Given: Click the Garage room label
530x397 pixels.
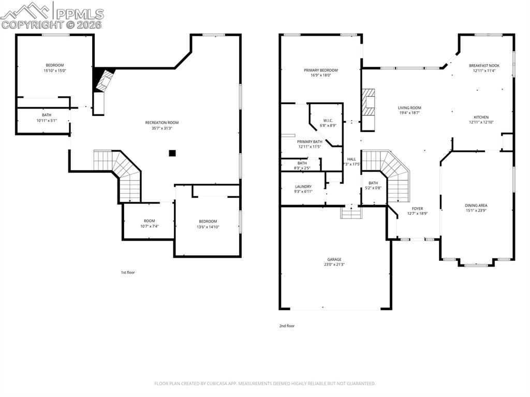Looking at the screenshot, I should pyautogui.click(x=334, y=259).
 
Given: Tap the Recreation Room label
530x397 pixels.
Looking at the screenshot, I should pyautogui.click(x=162, y=123).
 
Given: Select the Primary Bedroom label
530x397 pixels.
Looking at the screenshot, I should pyautogui.click(x=321, y=70).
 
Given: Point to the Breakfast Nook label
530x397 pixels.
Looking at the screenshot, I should pyautogui.click(x=484, y=66).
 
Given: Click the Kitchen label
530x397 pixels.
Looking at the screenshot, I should pyautogui.click(x=481, y=117).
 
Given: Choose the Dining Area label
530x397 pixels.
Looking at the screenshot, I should pyautogui.click(x=476, y=205).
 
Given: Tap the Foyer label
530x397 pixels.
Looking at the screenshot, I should pyautogui.click(x=417, y=209).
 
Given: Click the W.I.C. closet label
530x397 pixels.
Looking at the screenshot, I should pyautogui.click(x=328, y=120).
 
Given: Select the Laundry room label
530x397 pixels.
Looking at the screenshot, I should pyautogui.click(x=303, y=186).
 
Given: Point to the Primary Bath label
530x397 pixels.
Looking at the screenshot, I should pyautogui.click(x=310, y=141).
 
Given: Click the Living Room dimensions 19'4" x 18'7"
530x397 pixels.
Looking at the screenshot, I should pyautogui.click(x=409, y=113).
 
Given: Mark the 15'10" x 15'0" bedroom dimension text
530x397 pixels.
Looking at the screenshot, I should pyautogui.click(x=54, y=71).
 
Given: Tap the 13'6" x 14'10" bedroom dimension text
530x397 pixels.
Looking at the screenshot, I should pyautogui.click(x=208, y=227).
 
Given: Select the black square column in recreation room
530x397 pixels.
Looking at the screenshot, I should pyautogui.click(x=172, y=153).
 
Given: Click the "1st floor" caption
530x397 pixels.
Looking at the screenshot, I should pyautogui.click(x=128, y=272).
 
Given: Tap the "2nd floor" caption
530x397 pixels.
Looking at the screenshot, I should pyautogui.click(x=286, y=326).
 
